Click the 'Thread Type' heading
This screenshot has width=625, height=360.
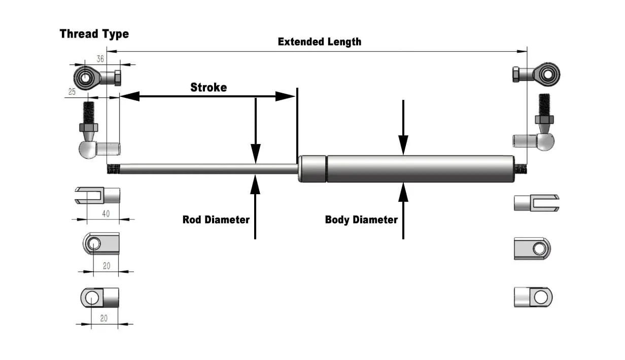(94, 34)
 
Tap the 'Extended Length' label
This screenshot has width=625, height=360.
(320, 42)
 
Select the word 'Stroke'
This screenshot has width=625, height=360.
(209, 87)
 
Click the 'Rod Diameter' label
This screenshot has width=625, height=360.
(216, 220)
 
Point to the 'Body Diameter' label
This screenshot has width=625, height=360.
(361, 220)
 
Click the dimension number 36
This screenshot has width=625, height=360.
(100, 59)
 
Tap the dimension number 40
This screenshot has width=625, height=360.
(105, 213)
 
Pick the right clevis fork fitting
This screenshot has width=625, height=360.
(537, 203)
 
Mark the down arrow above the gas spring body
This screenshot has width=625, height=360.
(403, 127)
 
